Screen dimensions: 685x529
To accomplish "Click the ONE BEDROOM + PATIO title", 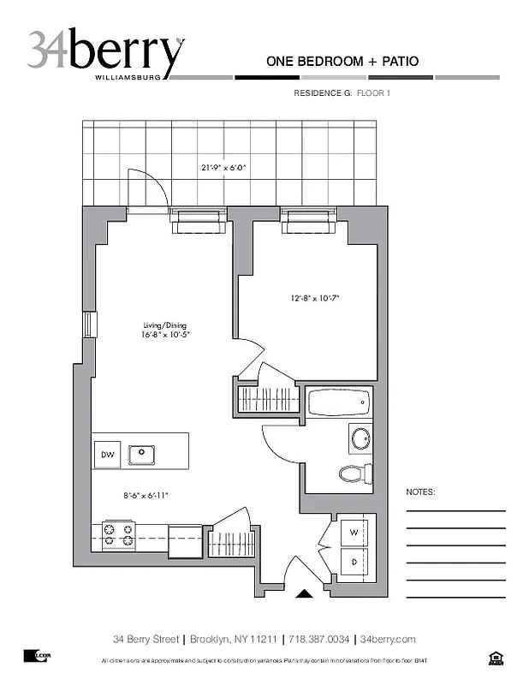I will [342, 61].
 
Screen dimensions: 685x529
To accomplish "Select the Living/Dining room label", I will [165, 326].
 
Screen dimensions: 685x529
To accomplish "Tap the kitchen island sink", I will [141, 454].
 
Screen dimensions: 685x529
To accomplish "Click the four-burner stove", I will [118, 535].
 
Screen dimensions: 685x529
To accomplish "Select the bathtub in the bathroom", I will [339, 401].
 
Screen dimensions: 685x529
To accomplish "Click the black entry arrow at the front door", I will [304, 593].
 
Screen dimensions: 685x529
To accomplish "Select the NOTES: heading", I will [420, 493].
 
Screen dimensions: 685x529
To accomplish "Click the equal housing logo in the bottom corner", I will [494, 658].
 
